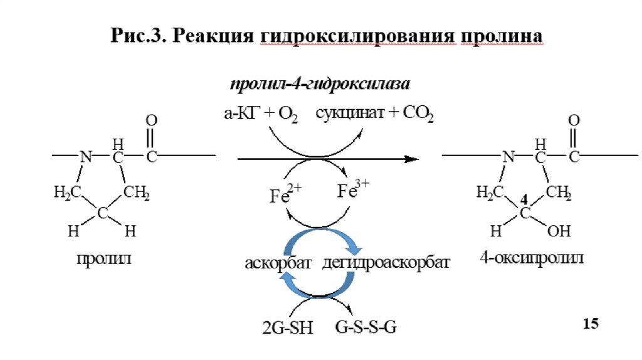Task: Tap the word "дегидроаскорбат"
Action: [x=386, y=263]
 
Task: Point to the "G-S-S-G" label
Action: [x=366, y=328]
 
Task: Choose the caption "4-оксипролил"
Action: [x=531, y=258]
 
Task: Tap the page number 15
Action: [x=591, y=324]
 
